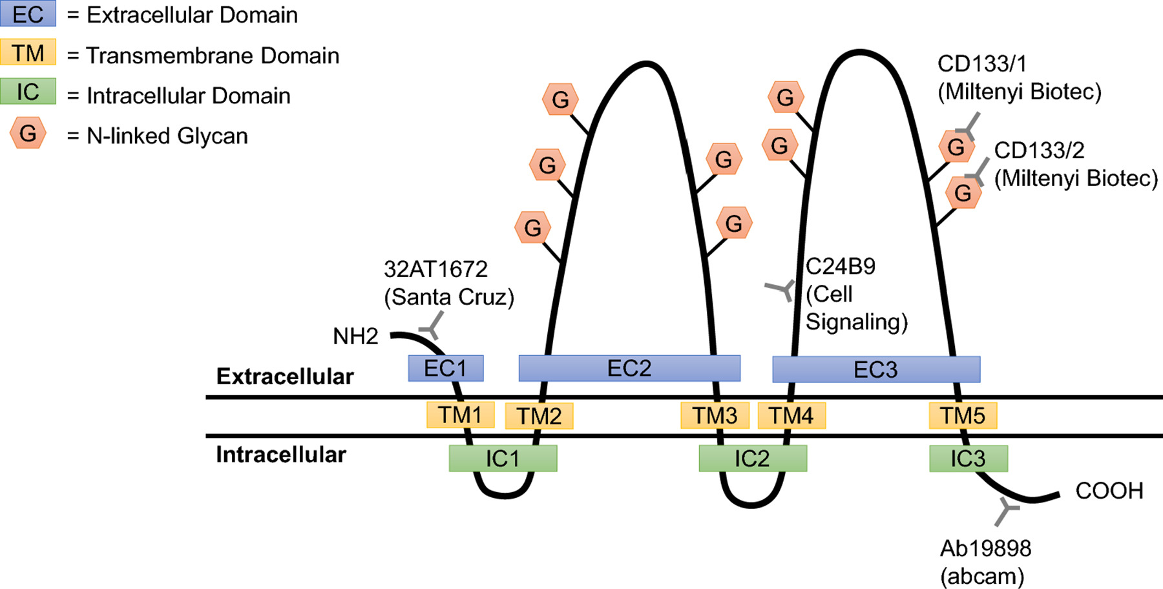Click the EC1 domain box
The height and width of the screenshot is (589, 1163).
click(446, 368)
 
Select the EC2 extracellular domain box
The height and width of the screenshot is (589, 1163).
click(629, 368)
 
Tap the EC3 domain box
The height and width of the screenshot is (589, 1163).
click(876, 369)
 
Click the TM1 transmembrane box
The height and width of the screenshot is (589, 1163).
click(460, 415)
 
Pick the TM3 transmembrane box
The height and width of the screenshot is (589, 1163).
click(715, 415)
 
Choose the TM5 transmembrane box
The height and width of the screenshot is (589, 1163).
click(963, 415)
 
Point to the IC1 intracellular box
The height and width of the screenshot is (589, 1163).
click(503, 459)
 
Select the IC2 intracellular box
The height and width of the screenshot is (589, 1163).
click(753, 459)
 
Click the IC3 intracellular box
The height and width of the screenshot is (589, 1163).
click(969, 459)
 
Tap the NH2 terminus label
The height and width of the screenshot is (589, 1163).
click(355, 336)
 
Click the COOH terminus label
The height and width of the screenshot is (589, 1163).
click(1109, 491)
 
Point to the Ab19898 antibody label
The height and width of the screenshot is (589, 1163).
click(985, 548)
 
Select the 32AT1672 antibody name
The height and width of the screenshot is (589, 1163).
click(436, 269)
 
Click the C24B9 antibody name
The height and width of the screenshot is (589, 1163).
click(841, 266)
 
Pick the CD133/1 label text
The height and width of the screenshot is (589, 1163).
click(982, 63)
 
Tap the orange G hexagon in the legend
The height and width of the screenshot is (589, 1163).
click(28, 134)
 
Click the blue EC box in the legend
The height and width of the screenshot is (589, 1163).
click(28, 14)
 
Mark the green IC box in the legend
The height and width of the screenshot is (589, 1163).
click(28, 91)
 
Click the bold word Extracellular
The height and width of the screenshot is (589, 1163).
click(285, 377)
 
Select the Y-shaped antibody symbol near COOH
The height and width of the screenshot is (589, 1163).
click(1005, 511)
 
